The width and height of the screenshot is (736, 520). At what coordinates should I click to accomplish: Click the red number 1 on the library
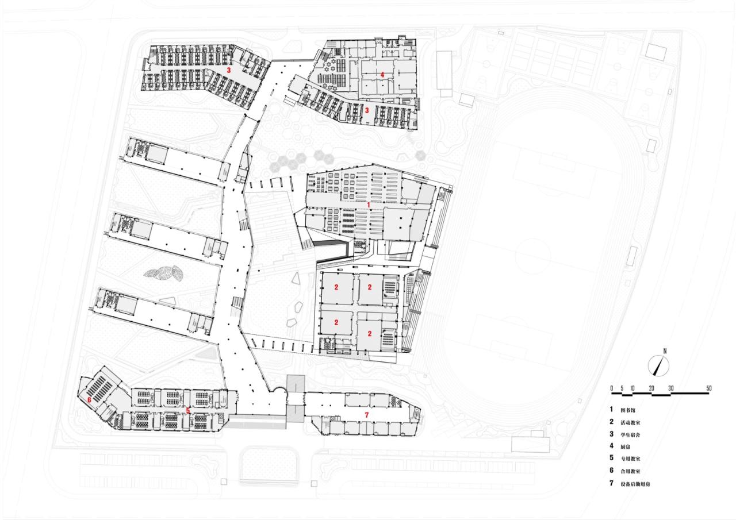click(369, 204)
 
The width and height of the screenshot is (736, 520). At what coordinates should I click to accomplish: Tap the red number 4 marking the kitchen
click(382, 75)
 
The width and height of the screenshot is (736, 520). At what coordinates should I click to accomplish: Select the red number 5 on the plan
click(188, 411)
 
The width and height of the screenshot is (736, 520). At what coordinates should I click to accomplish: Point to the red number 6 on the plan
click(90, 399)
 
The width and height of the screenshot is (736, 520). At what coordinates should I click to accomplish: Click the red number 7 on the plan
click(366, 414)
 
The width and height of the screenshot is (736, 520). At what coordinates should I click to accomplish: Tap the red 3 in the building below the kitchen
click(367, 111)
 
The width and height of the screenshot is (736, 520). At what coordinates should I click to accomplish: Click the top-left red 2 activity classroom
click(336, 287)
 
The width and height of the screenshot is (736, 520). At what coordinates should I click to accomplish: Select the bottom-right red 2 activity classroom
click(370, 333)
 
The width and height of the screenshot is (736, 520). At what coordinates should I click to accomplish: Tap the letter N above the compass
click(664, 350)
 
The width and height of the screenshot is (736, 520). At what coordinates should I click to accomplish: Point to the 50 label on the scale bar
click(708, 388)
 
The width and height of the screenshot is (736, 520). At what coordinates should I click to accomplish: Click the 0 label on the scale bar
click(612, 388)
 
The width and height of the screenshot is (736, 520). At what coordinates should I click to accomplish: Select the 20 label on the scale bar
click(651, 388)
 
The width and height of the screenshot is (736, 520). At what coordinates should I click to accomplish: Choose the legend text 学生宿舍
click(629, 435)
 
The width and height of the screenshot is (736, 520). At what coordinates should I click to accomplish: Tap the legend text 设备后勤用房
click(635, 484)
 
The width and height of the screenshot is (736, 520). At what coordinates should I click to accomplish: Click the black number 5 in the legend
click(612, 459)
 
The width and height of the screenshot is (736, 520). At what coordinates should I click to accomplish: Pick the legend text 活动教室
click(629, 423)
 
